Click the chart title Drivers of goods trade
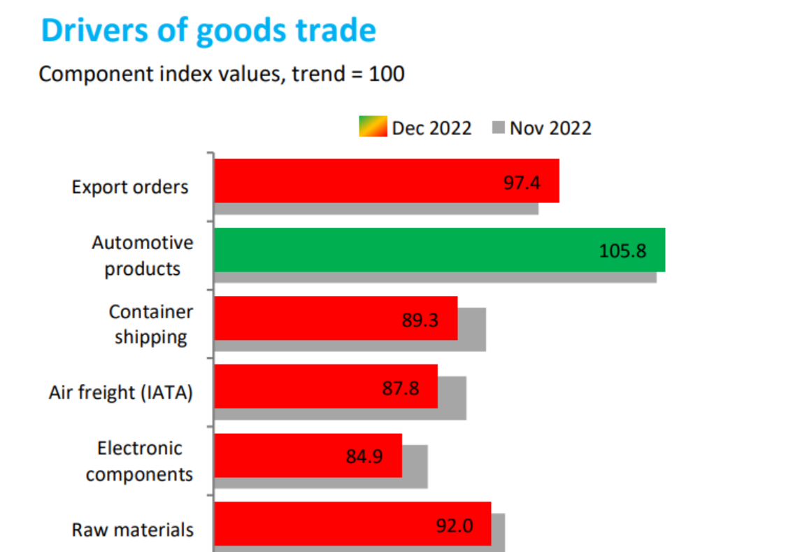(x=208, y=31)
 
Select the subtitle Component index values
(x=221, y=73)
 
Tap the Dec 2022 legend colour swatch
(x=373, y=128)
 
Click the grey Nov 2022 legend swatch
(x=499, y=128)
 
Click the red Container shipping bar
(x=308, y=318)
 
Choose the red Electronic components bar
(x=280, y=455)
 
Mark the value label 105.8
(x=622, y=250)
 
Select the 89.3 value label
(x=420, y=320)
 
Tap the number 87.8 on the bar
(x=401, y=388)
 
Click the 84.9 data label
(x=364, y=456)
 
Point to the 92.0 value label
(x=454, y=525)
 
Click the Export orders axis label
(x=130, y=187)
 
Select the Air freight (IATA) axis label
(x=120, y=392)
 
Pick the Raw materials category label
(x=132, y=530)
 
